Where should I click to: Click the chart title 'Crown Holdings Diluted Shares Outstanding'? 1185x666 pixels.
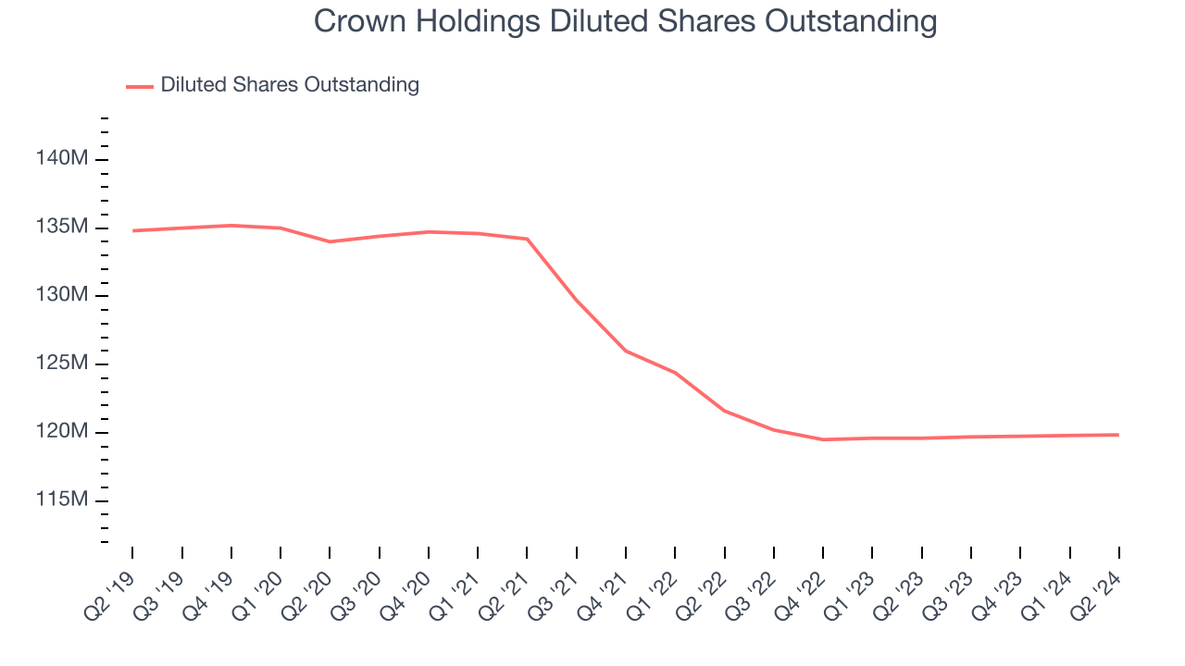tap(625, 21)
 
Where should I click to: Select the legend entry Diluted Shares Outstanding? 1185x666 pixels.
tap(289, 85)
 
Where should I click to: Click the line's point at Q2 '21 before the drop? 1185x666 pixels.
tap(527, 239)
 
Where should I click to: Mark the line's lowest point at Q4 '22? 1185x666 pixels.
tap(823, 439)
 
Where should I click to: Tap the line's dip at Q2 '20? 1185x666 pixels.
tap(330, 241)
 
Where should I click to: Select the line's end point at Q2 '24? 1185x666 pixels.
tap(1118, 435)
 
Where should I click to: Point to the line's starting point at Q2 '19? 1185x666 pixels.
tap(132, 230)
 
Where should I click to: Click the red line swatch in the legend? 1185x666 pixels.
tap(140, 86)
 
